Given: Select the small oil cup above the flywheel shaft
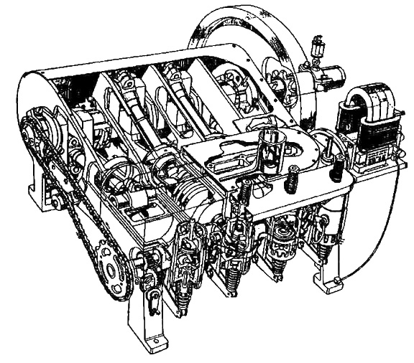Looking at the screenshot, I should [x=313, y=50].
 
